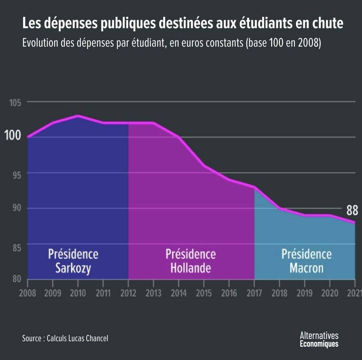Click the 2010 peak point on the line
78,116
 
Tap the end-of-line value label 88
352,211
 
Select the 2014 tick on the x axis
179,293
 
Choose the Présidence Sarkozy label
73,261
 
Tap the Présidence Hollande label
190,261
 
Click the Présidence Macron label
306,261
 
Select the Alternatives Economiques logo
319,340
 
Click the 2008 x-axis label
27,293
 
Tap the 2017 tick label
254,293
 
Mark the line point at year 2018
280,208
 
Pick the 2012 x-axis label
128,293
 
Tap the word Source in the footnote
31,338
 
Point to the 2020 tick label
330,293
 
